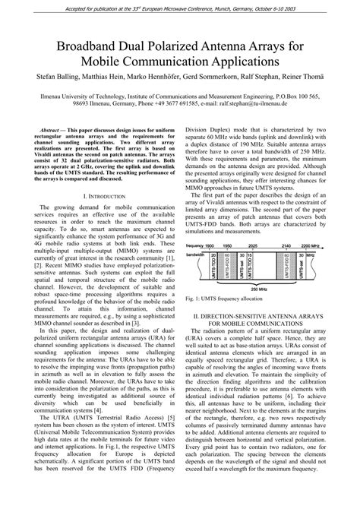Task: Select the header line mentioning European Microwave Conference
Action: click(x=180, y=6)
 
